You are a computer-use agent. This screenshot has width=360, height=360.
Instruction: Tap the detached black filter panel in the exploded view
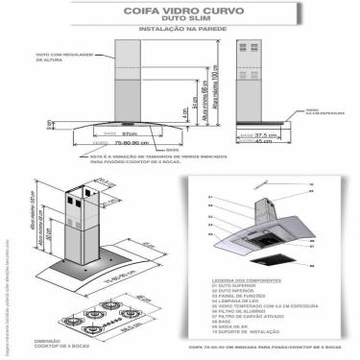click(x=274, y=256)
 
